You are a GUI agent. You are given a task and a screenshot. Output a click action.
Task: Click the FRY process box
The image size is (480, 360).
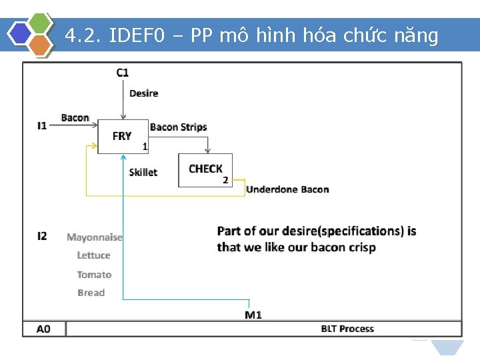pos(123,136)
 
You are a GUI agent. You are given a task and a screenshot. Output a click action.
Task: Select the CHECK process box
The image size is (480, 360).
pos(205,169)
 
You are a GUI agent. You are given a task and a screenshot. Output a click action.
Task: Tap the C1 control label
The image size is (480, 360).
pos(123,73)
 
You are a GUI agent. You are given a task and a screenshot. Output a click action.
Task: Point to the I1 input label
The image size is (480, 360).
pos(42,125)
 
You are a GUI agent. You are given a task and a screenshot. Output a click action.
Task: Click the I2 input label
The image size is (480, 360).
pos(42,236)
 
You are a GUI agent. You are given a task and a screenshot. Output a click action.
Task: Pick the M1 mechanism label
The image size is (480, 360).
pos(253,315)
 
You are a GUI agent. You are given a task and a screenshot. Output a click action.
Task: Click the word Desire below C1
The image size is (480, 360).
pos(143,93)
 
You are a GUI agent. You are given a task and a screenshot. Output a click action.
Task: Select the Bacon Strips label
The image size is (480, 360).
pos(179,127)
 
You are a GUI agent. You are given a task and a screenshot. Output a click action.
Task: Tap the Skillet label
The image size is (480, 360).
pos(143,172)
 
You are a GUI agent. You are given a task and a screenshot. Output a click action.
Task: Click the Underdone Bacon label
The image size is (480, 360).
pos(287,189)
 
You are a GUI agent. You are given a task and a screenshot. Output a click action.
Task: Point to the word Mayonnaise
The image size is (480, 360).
pos(95,237)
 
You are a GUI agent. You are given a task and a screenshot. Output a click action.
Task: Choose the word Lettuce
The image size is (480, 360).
pos(93,255)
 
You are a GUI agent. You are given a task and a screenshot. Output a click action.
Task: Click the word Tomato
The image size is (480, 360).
pos(94,275)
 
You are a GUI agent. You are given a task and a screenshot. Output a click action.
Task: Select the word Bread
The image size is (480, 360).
pos(91,293)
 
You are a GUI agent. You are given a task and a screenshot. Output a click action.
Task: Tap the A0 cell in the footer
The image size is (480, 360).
pos(43,329)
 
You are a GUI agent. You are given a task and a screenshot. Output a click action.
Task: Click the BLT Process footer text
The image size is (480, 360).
pos(347,329)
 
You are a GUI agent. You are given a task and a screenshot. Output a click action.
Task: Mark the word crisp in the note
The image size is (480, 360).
pos(359,247)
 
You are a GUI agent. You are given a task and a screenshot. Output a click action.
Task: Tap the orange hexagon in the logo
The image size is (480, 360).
pos(41,45)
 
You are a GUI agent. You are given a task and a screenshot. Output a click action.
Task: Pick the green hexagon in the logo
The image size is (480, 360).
pos(41,22)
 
